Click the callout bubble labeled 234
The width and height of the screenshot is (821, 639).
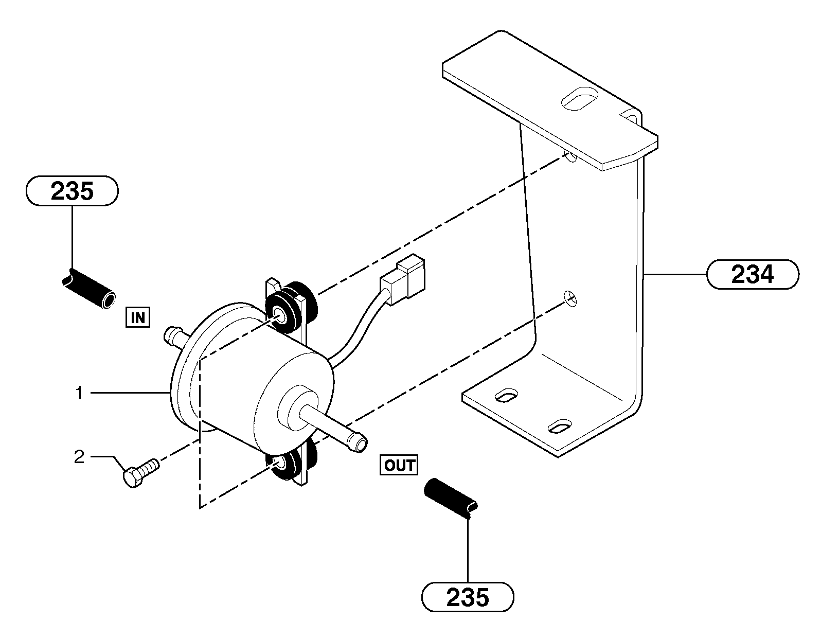click(753, 275)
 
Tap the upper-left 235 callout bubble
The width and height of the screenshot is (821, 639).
click(72, 191)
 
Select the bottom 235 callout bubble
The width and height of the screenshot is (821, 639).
click(468, 597)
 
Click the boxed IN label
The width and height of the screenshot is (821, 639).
click(138, 317)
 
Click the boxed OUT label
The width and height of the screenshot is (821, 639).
click(399, 465)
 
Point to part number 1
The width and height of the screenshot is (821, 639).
click(79, 394)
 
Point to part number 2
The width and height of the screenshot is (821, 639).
click(79, 457)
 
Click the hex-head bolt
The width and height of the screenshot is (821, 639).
click(140, 472)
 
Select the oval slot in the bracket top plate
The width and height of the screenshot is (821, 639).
click(580, 100)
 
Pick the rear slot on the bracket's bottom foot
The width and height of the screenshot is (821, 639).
click(507, 396)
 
